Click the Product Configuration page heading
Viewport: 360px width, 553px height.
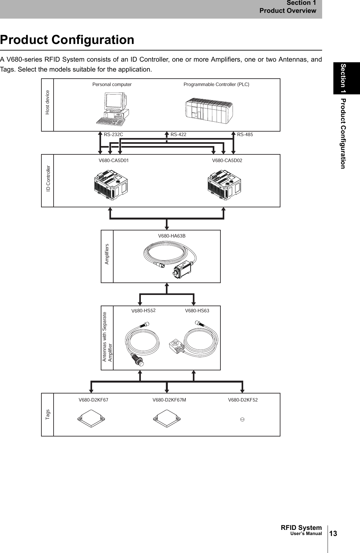click(x=67, y=40)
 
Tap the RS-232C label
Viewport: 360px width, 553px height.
click(x=113, y=134)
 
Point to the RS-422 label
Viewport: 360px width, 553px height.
click(x=178, y=134)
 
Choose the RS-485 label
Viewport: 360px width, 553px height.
click(x=245, y=134)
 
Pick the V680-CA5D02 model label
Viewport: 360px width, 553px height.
click(x=227, y=160)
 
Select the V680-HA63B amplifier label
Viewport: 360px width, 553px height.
click(x=172, y=236)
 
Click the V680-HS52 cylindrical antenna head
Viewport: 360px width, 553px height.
click(x=137, y=359)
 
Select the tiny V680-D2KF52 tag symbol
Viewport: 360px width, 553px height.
click(x=243, y=419)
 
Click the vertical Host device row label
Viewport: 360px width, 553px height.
click(x=47, y=102)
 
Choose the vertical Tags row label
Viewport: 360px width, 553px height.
click(x=47, y=414)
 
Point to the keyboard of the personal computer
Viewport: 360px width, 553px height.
click(x=111, y=122)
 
